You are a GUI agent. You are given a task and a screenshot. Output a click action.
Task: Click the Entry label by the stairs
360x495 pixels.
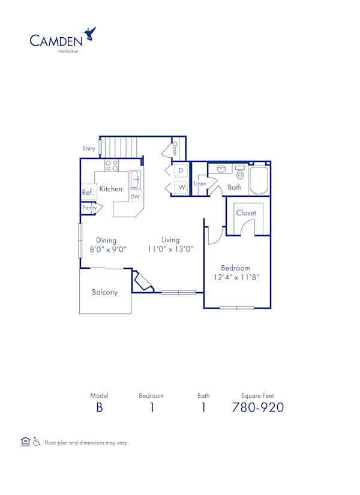pos(89,148)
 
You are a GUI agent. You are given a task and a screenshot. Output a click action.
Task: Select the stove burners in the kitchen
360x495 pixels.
pos(112,165)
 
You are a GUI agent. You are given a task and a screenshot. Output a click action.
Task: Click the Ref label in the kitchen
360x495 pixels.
pos(86,193)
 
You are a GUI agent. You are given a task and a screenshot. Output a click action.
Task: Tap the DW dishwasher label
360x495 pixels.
pos(135,196)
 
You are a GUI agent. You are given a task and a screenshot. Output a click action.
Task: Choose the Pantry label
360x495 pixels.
pos(89,208)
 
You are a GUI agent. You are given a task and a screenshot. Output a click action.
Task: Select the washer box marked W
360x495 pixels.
pos(181,188)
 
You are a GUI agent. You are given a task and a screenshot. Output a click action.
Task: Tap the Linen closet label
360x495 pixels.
pos(200,184)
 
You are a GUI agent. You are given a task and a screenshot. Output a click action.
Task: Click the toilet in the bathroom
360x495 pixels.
pos(241,173)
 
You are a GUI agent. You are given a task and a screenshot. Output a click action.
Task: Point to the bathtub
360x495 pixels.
pos(259,179)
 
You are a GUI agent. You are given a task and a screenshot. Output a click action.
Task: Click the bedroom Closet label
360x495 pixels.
pos(246,213)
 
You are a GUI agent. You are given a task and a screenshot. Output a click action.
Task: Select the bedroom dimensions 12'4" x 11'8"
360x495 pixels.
pos(235,277)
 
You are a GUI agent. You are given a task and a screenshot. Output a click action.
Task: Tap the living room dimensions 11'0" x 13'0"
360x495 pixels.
pos(170,248)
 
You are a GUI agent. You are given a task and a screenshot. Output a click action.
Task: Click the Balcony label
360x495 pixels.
pos(104,293)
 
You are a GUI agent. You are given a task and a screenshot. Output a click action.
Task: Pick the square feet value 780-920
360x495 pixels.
pos(257,408)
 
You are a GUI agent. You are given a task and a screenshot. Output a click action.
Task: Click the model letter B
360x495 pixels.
pos(98,408)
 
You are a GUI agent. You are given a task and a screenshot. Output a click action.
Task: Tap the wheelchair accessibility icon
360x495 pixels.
pos(37,442)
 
